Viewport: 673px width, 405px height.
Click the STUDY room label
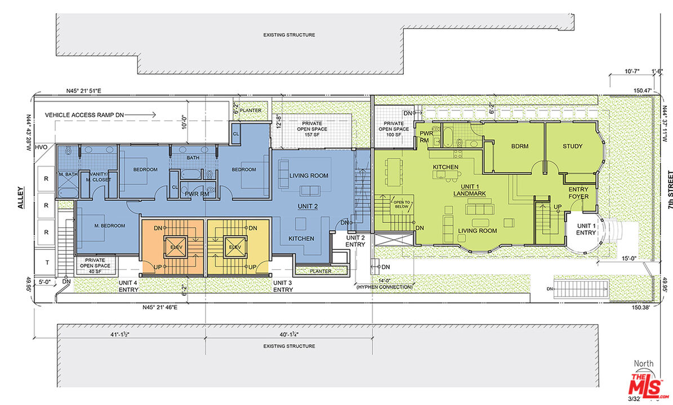(x=573, y=146)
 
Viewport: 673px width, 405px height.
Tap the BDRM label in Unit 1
(x=520, y=146)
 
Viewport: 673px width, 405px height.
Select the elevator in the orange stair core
(x=176, y=247)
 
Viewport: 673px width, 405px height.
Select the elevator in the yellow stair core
(x=235, y=247)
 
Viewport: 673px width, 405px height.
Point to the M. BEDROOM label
(x=110, y=226)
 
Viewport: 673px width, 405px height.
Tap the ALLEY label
(x=21, y=197)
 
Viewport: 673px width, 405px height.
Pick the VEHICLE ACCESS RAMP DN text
(x=84, y=115)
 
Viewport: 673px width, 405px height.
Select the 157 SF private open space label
(x=311, y=129)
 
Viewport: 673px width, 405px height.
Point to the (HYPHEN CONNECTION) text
(x=384, y=287)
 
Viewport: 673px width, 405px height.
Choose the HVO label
(x=41, y=147)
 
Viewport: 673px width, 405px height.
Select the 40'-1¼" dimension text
(x=289, y=334)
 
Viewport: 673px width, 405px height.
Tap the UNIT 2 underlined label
(x=307, y=206)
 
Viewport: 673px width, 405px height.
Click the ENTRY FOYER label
(x=578, y=193)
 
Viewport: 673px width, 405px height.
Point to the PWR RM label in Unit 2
(x=197, y=193)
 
